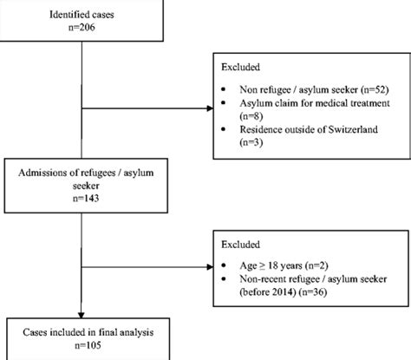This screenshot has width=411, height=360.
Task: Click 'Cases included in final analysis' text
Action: tap(81, 331)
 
